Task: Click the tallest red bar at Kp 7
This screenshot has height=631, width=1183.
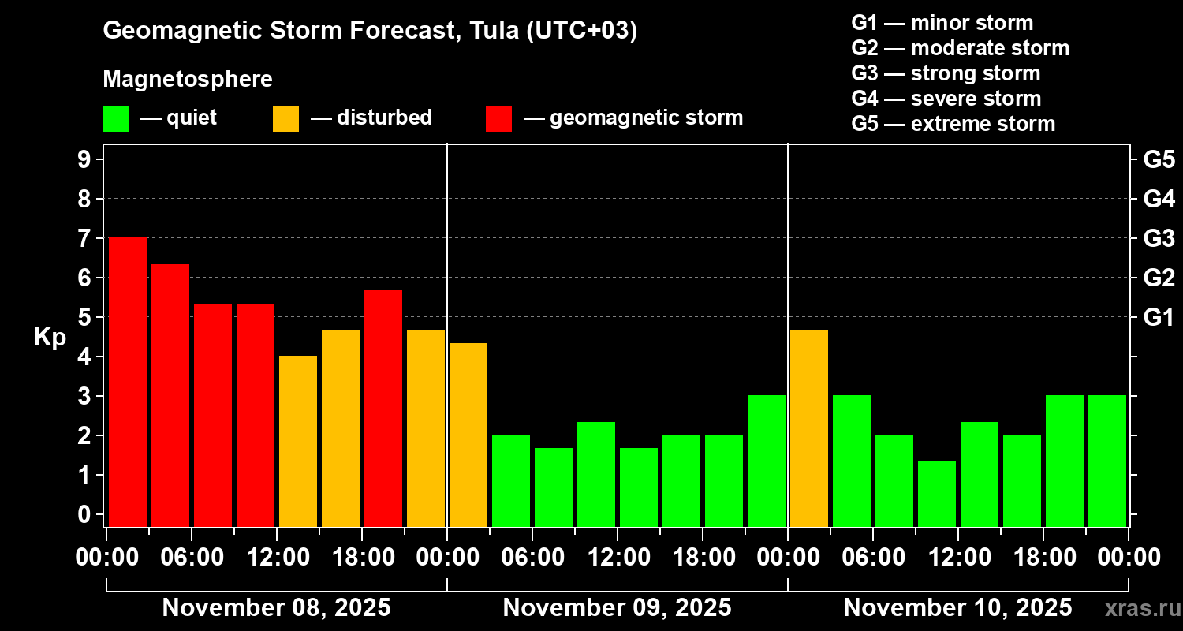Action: point(128,382)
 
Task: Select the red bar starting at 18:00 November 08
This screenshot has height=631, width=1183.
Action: point(383,408)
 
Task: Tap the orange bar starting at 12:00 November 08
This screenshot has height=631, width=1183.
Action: point(298,441)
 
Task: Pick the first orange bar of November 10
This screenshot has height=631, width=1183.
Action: point(809,428)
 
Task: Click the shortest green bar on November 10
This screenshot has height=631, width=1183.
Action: point(937,494)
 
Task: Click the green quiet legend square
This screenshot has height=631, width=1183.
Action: point(115,118)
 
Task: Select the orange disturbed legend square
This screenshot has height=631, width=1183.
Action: point(285,118)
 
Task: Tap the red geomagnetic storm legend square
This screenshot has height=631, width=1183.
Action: point(498,118)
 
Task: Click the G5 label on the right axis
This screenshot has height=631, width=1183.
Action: point(1159,159)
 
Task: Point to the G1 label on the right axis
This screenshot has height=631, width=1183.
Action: point(1159,317)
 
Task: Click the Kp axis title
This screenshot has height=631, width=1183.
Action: point(50,337)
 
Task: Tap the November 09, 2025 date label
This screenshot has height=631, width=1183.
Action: point(617,607)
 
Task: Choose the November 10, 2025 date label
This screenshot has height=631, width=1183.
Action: point(957,607)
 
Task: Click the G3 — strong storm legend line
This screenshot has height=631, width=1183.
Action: point(946,73)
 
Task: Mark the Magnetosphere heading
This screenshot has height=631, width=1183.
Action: point(188,80)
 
